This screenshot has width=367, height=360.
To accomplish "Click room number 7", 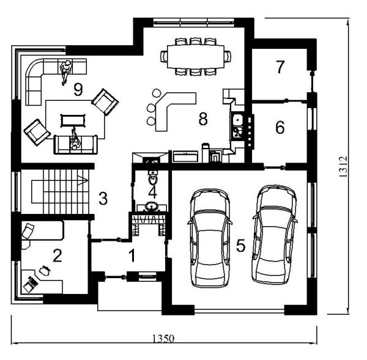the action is coord(280,67).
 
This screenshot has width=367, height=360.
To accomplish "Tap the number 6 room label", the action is coord(280,128).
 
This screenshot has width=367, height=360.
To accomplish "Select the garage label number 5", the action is coord(240,246).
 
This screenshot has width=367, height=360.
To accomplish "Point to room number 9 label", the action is coord(78,90).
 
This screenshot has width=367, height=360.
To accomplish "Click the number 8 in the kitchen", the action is coord(203,119).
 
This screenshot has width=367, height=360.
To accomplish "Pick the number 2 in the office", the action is coord(57,255).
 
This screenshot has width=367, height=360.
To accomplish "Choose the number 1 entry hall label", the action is coord(133,255).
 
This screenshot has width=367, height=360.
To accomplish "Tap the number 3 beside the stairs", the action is coord(103,199).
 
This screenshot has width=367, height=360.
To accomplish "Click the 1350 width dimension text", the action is coord(163,338).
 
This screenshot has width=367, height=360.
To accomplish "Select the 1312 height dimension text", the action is coord(343,167).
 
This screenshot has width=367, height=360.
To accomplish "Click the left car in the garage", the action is coord(210,238).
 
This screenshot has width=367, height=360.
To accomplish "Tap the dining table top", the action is coord(196,57).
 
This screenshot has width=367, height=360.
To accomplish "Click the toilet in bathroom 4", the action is coord(153,178).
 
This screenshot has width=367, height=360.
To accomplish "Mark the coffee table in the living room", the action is coord(73,120).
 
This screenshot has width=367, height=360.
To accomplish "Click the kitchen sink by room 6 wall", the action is coord(238,120).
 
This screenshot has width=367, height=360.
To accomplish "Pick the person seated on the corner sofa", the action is coord(66,72).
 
